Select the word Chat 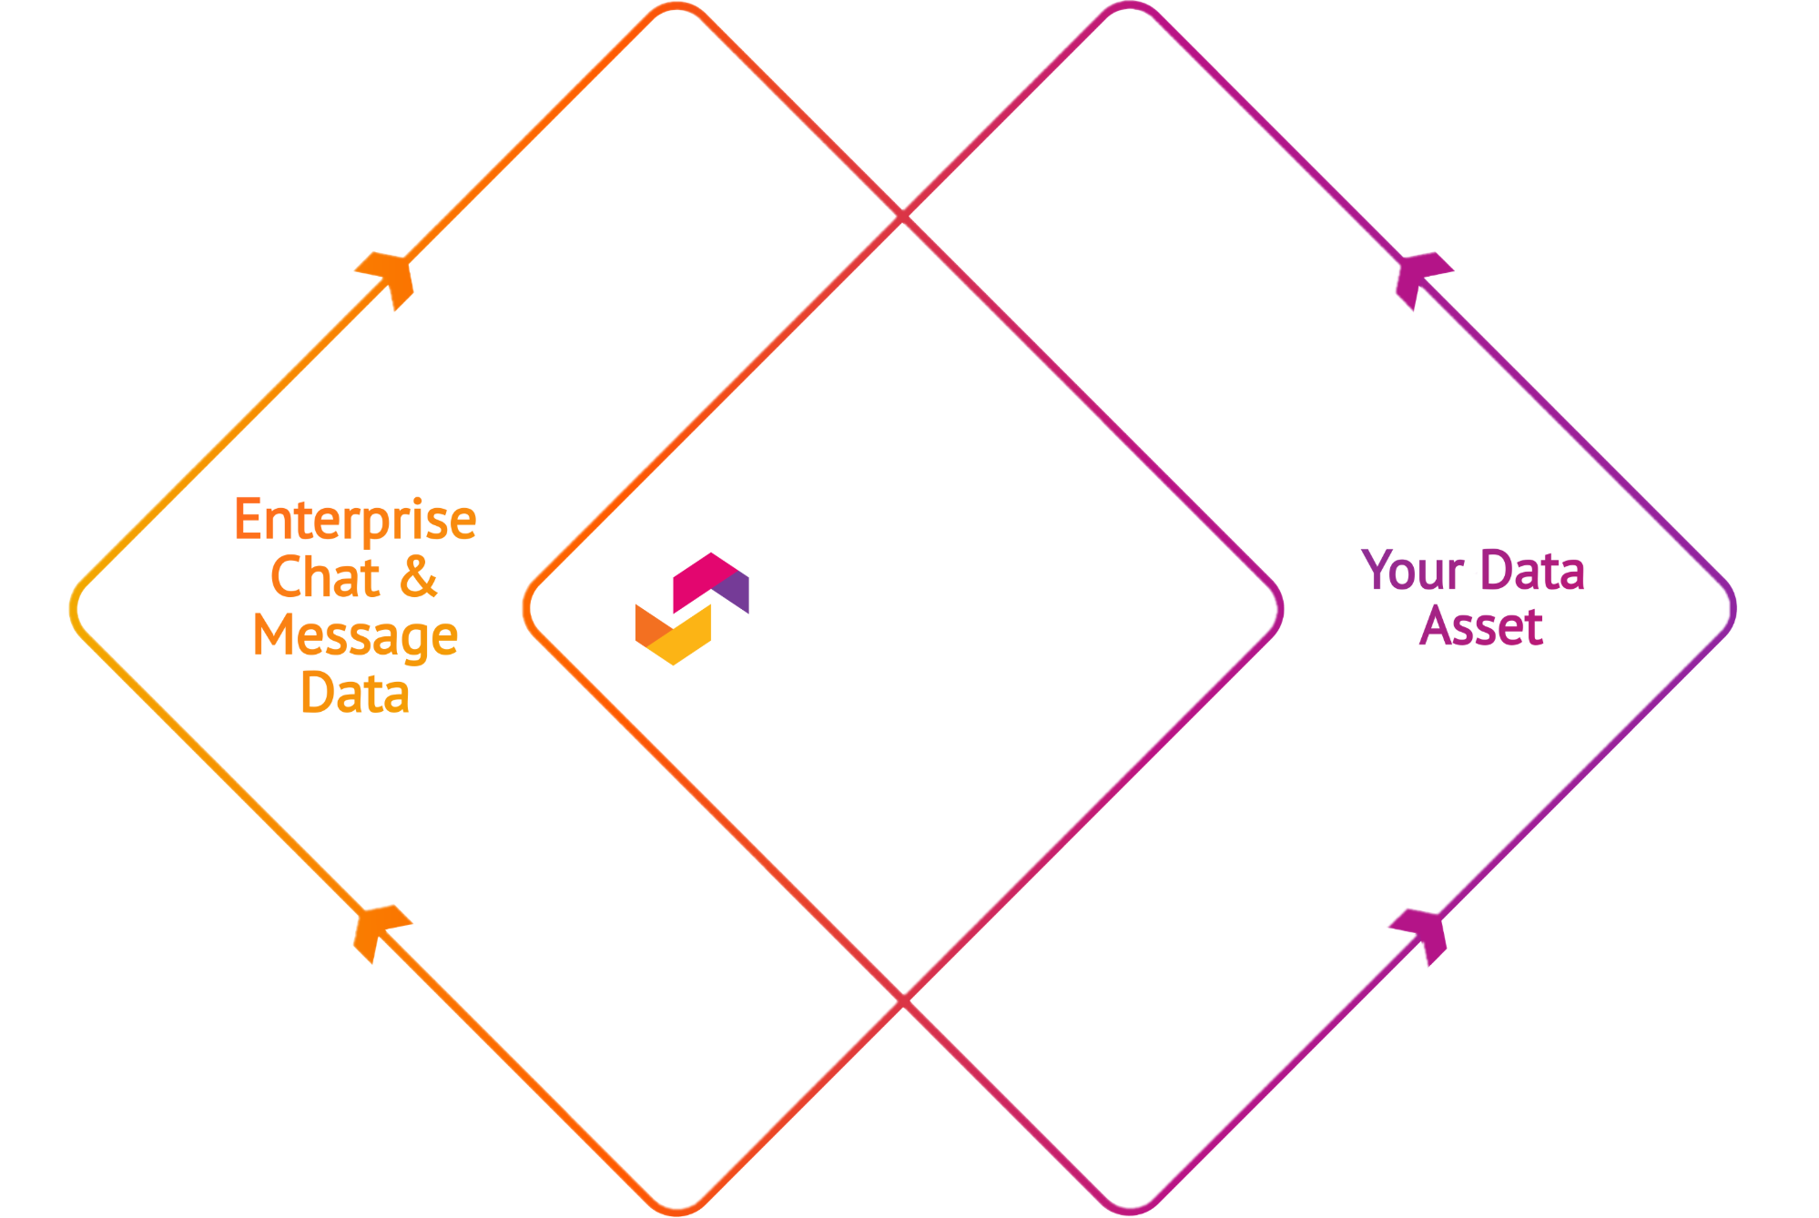325,577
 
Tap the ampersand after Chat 418,577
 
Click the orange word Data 355,693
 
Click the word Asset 1481,626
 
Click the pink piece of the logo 701,580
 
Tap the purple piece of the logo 736,593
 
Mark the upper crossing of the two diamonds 903,217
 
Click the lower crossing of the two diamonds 903,1000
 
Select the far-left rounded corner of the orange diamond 74,609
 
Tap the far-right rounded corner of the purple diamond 1733,609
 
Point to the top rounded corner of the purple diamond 1129,5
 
